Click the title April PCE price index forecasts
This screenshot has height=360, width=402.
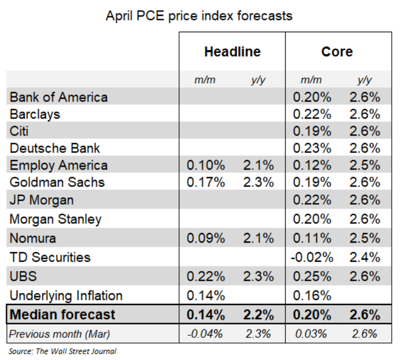click(199, 15)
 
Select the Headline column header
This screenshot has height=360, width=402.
click(232, 52)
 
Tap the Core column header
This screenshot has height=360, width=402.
click(337, 52)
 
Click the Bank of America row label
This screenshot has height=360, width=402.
click(58, 97)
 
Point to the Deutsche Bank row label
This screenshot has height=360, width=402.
click(54, 148)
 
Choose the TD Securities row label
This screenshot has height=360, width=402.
click(50, 257)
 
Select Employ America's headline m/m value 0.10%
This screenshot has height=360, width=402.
click(206, 166)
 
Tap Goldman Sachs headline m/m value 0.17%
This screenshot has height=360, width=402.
click(206, 182)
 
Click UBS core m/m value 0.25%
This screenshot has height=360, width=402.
click(312, 276)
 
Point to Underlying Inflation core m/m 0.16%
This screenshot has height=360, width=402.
click(312, 295)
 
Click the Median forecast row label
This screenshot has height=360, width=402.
click(62, 314)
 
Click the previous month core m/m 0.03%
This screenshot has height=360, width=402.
click(312, 334)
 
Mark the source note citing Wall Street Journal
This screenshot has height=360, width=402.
click(62, 351)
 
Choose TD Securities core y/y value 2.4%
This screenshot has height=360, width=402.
click(365, 257)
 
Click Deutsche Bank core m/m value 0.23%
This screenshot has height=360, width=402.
click(312, 148)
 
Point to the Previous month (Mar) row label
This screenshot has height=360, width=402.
click(59, 334)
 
